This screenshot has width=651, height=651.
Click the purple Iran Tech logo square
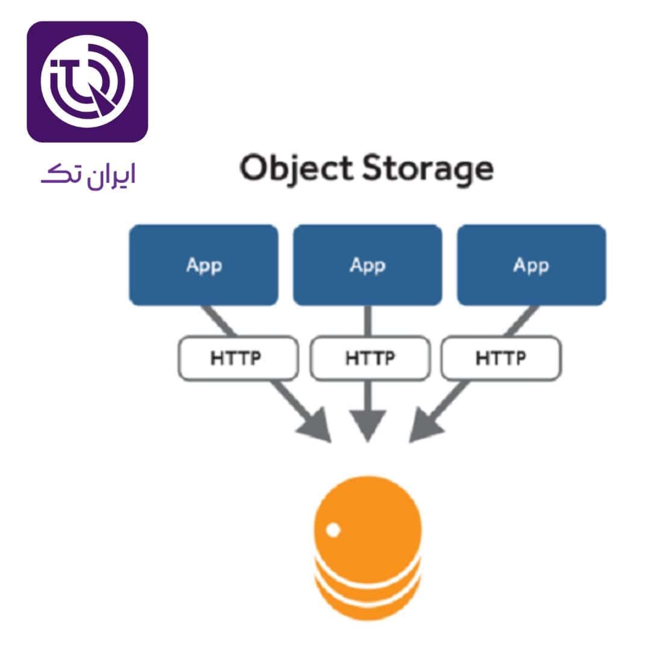point(87,82)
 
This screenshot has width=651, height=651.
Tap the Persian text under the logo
point(88,175)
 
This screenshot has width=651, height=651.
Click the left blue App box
point(204,265)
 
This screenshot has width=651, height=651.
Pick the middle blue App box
point(368,265)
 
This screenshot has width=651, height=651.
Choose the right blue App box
point(531,265)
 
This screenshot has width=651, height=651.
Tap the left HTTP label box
point(237,358)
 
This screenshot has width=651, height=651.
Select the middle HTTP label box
point(370,358)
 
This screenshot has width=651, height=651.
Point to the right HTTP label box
point(501,358)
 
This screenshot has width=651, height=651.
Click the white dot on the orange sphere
point(333,530)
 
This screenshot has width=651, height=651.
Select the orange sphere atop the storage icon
point(368,521)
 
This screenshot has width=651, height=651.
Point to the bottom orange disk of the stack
point(368,606)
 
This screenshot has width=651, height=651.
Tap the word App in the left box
point(204,265)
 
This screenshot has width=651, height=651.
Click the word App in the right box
point(531,265)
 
